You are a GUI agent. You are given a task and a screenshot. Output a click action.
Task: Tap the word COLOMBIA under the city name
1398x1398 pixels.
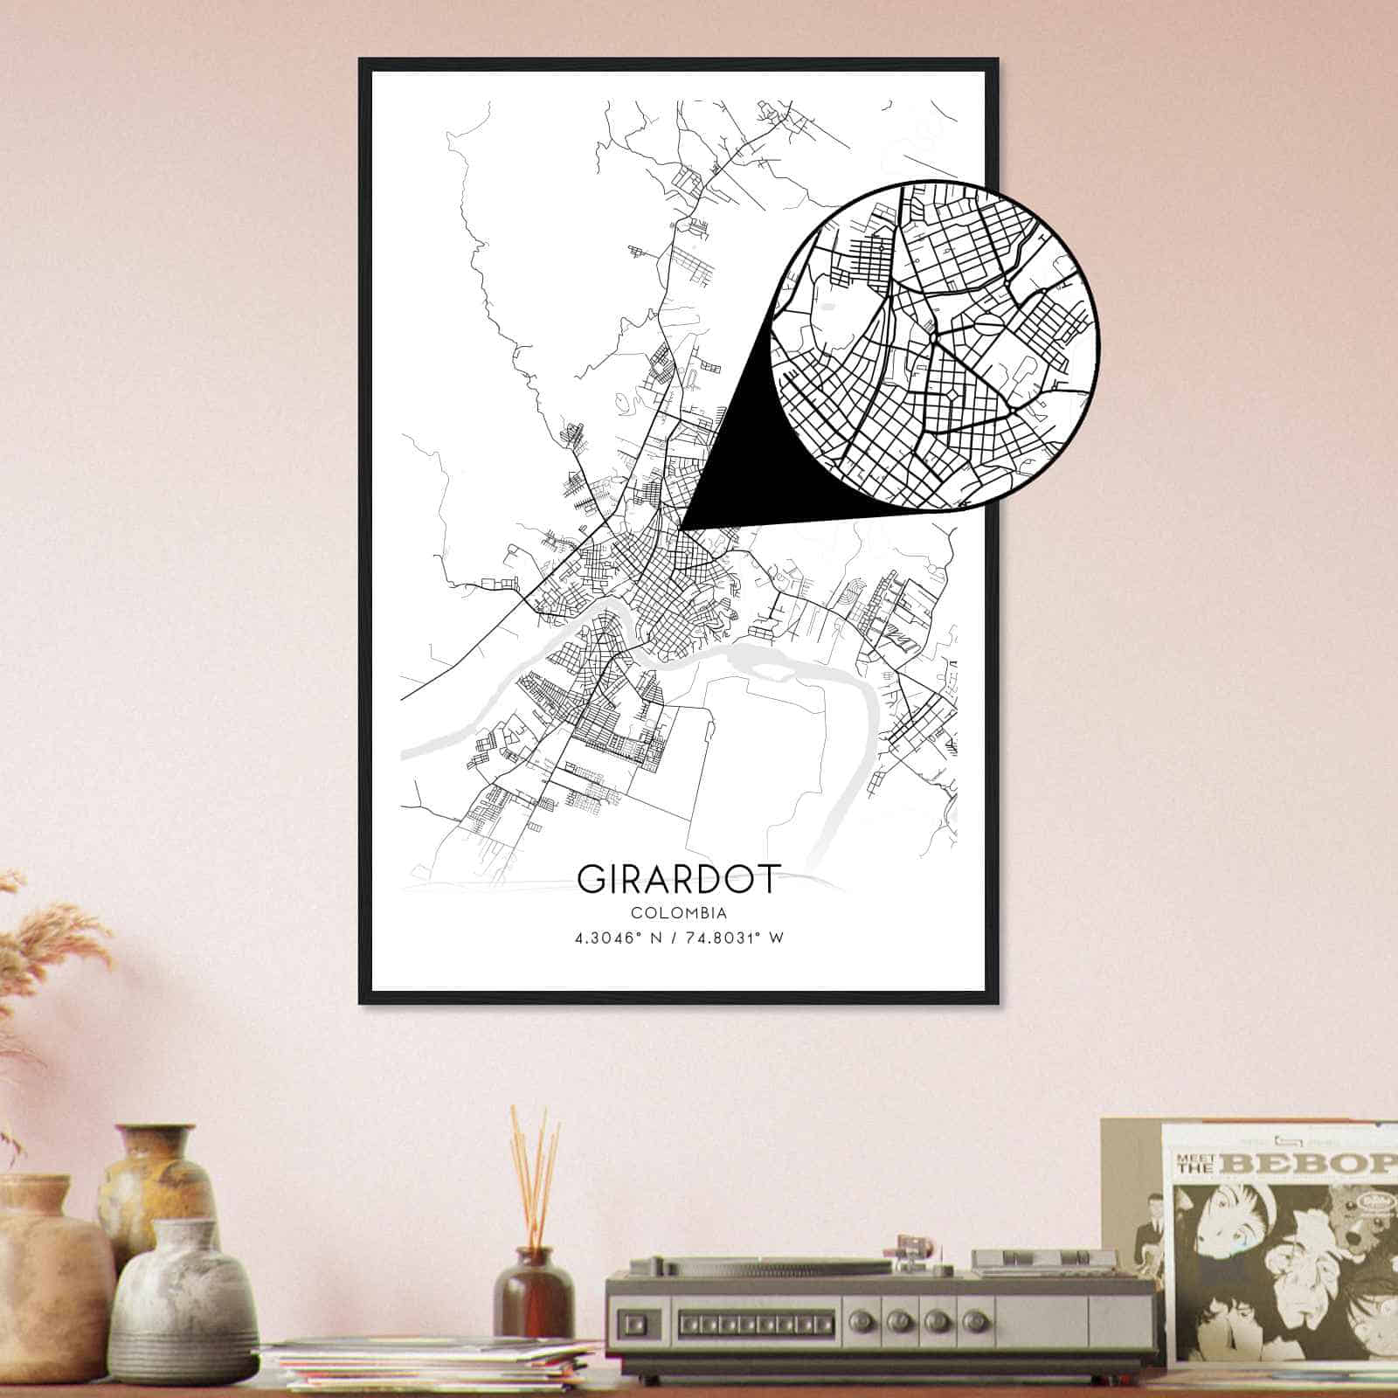(x=677, y=913)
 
